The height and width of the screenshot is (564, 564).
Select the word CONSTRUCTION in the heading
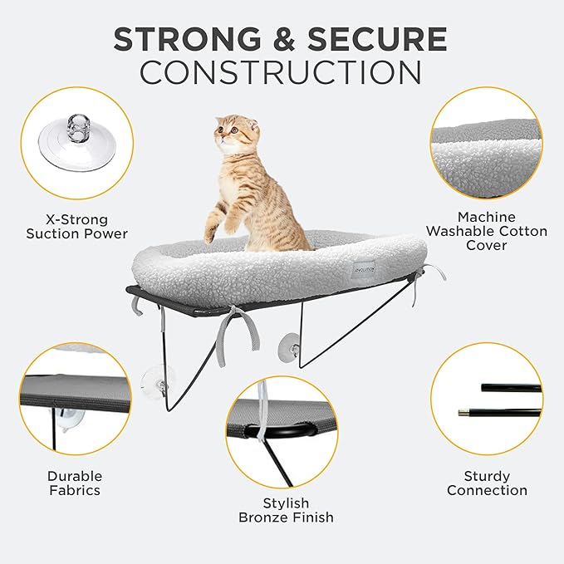tap(281, 72)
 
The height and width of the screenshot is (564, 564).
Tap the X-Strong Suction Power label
tap(76, 226)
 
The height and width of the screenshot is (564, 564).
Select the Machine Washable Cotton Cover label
tap(491, 232)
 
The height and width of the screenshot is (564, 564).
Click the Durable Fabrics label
tap(74, 483)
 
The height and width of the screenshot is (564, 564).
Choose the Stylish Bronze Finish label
tap(286, 510)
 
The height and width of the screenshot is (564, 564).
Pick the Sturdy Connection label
tap(487, 483)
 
